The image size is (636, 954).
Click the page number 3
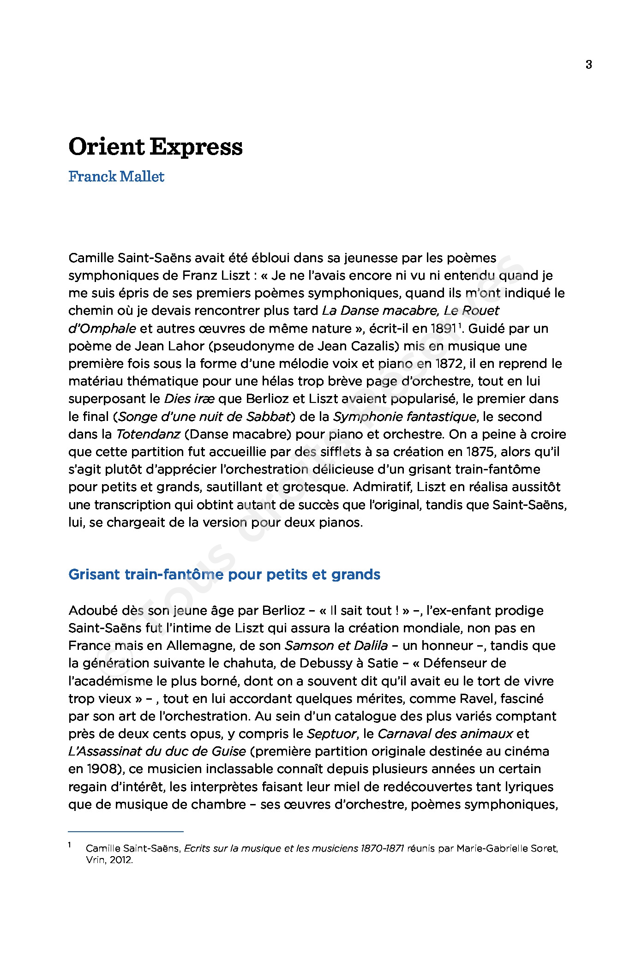tap(588, 65)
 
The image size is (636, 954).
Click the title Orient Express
tap(156, 147)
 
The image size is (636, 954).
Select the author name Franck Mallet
tap(116, 177)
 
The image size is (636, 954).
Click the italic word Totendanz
tap(148, 434)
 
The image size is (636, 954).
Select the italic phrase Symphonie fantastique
tap(404, 417)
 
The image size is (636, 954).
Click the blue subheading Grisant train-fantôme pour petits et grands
tap(224, 575)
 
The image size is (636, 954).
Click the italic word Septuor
tap(332, 734)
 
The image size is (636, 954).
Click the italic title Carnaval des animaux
tap(445, 734)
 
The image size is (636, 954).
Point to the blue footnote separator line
tap(126, 832)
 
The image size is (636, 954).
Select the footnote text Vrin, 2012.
tap(109, 860)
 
